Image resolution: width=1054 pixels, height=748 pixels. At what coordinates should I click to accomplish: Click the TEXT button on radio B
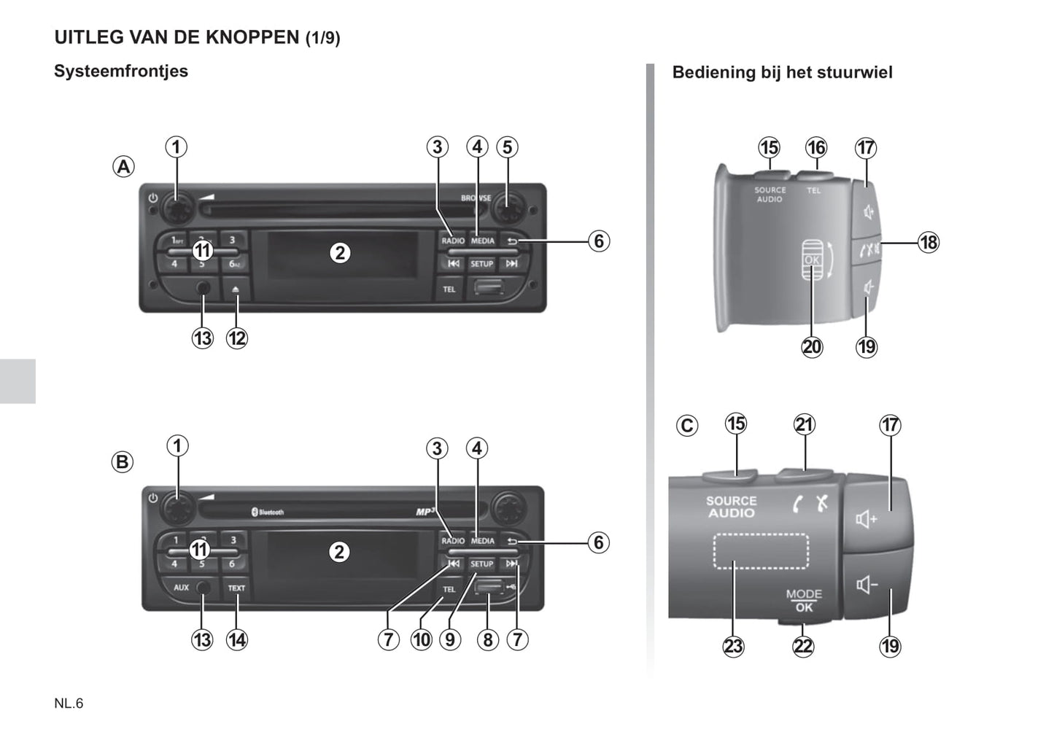tap(236, 588)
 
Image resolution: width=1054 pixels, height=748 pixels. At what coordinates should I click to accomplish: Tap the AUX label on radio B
tap(181, 588)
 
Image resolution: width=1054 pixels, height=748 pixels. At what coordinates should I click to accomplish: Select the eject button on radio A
tap(236, 289)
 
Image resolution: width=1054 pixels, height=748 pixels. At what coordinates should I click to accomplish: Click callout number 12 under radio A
tap(237, 338)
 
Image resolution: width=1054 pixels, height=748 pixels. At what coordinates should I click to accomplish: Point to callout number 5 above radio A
tap(507, 147)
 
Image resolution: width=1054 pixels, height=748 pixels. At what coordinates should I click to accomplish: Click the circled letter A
tap(124, 167)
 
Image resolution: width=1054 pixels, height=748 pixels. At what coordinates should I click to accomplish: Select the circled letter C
tap(687, 425)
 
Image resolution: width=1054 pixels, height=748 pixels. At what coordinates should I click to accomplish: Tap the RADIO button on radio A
tap(452, 241)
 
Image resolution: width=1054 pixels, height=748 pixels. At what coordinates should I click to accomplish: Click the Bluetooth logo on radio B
tap(268, 513)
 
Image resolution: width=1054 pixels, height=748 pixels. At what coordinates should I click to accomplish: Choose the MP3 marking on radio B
tap(425, 512)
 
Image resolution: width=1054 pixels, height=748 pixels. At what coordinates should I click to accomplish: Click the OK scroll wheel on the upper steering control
tap(812, 260)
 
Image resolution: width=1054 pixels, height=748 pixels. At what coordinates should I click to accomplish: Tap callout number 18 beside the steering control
tap(928, 242)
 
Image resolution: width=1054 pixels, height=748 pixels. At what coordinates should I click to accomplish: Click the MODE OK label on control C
tap(804, 601)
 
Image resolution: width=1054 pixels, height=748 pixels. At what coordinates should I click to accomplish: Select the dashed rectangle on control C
tap(761, 551)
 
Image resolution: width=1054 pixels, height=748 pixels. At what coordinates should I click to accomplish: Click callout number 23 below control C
tap(733, 646)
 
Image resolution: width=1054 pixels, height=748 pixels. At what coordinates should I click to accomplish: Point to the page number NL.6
tap(69, 704)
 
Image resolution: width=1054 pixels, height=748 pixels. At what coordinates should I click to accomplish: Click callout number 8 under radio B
tap(487, 640)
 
